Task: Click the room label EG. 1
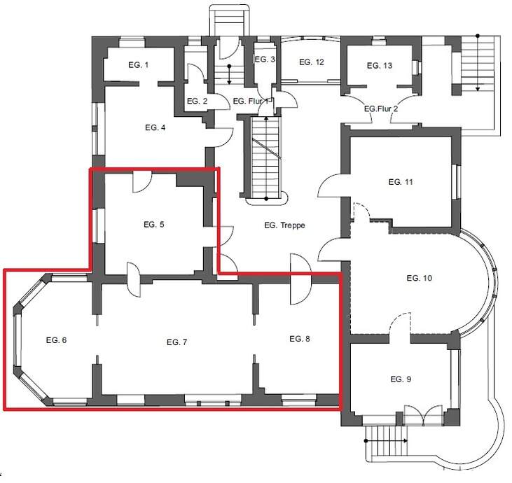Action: [138, 65]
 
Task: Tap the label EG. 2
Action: [197, 101]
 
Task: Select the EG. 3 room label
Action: [265, 59]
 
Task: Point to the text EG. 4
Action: [155, 128]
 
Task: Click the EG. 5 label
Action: [154, 225]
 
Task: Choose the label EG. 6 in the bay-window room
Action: [56, 339]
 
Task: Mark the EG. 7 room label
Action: [177, 342]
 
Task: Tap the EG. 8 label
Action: [300, 339]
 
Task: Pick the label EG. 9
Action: [401, 379]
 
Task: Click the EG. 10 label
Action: [419, 278]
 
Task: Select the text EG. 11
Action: [400, 182]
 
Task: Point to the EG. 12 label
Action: [312, 62]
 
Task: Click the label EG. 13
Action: [379, 65]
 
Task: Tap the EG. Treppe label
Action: [284, 225]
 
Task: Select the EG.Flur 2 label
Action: [381, 109]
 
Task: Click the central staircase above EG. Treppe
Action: [265, 157]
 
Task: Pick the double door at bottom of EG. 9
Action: [424, 416]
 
